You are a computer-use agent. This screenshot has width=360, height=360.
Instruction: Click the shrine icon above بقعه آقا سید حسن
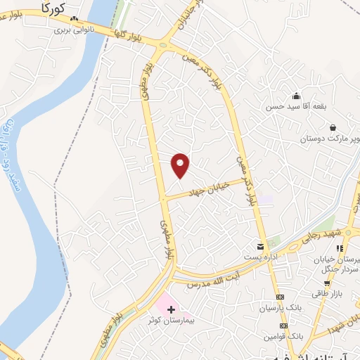(x=296, y=96)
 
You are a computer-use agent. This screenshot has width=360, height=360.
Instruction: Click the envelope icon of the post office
(x=261, y=246)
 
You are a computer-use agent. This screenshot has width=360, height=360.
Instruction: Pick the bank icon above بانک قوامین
(x=283, y=326)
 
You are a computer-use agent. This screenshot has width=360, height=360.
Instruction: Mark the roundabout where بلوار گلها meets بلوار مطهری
(x=163, y=47)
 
